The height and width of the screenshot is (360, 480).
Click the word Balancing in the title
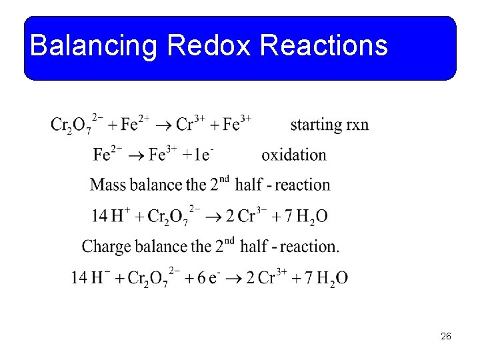[x=93, y=46]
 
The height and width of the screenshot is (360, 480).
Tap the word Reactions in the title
[x=324, y=46]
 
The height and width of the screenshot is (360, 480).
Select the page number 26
[x=446, y=336]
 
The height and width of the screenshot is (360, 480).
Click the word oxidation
[x=294, y=155]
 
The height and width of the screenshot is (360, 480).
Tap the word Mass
[x=108, y=185]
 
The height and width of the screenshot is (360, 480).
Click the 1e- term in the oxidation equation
[x=199, y=155]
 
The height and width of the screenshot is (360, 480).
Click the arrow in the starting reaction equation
[x=165, y=125]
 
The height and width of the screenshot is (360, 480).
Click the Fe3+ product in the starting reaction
[x=237, y=125]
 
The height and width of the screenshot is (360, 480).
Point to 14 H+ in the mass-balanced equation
[x=111, y=216]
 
